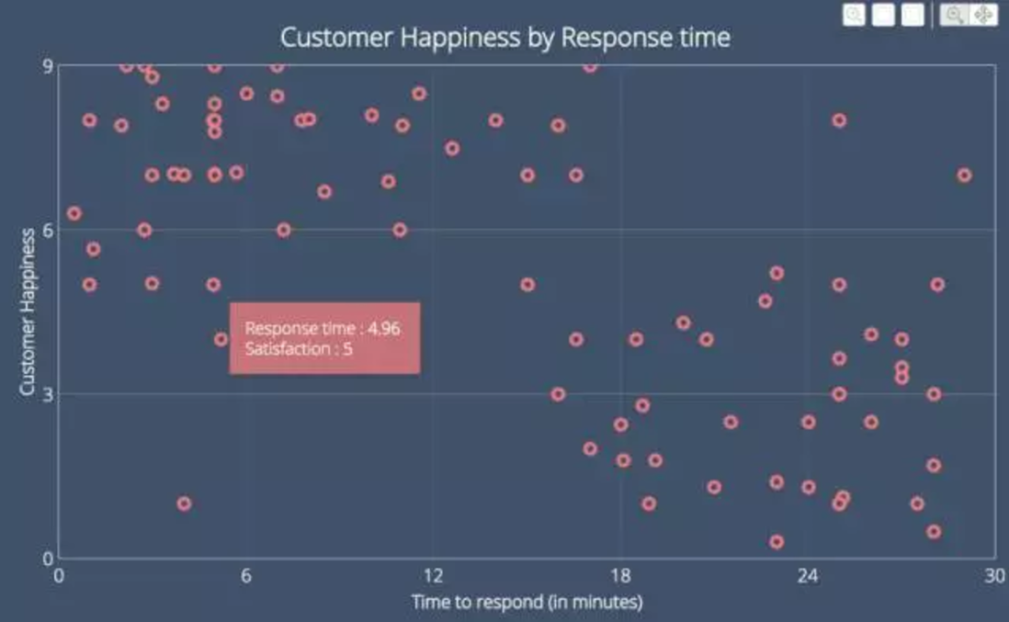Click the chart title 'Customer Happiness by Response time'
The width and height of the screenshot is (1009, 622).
tap(504, 38)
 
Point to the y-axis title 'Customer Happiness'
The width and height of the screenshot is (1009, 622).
tap(28, 311)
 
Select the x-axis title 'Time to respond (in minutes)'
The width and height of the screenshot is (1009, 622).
tap(527, 602)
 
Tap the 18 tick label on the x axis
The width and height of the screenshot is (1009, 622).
tap(620, 576)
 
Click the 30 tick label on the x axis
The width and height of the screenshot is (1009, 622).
tap(993, 576)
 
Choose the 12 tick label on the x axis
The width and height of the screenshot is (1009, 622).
tap(433, 576)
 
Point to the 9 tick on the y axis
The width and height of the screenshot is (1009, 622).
tap(47, 65)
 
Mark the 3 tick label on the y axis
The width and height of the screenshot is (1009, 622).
tap(47, 394)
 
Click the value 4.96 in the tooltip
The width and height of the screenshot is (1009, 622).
tap(383, 329)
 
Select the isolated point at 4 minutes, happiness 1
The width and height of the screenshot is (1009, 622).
tap(184, 503)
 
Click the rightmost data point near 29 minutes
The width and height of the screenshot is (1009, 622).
tap(964, 175)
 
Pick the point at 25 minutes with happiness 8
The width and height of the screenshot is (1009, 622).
tap(839, 120)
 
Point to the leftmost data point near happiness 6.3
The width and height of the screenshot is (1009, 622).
tap(74, 213)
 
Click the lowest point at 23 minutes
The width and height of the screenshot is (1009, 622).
tap(777, 542)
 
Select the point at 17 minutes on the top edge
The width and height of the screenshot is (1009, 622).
tap(590, 65)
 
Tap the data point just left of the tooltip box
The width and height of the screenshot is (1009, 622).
tap(221, 339)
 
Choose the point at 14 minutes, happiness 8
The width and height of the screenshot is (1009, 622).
tap(496, 120)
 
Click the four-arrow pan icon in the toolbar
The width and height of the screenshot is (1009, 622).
tap(982, 15)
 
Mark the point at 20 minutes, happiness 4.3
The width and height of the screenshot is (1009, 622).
tap(683, 322)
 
